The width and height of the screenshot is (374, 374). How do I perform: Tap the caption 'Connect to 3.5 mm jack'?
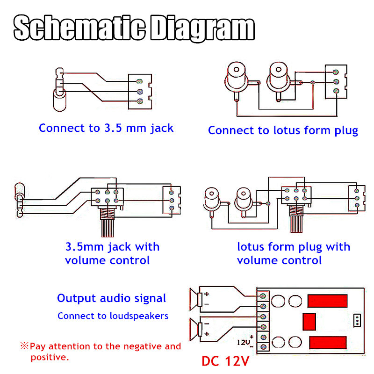point(106,128)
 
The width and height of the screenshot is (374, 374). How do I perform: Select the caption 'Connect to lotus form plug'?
point(283,130)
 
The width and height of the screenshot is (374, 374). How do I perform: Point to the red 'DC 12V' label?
point(226,361)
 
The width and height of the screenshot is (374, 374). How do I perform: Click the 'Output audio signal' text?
point(111,298)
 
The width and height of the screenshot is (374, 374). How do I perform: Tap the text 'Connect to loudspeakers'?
point(113,316)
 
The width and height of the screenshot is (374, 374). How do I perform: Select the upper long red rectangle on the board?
point(327,300)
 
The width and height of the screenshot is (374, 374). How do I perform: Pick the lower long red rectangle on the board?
point(327,343)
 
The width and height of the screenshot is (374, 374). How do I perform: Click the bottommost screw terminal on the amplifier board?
point(263,347)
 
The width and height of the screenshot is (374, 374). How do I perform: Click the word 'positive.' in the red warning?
point(50,358)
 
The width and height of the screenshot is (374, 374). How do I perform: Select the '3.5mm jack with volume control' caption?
point(112,253)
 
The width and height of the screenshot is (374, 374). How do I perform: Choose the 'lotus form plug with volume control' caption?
point(293,253)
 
